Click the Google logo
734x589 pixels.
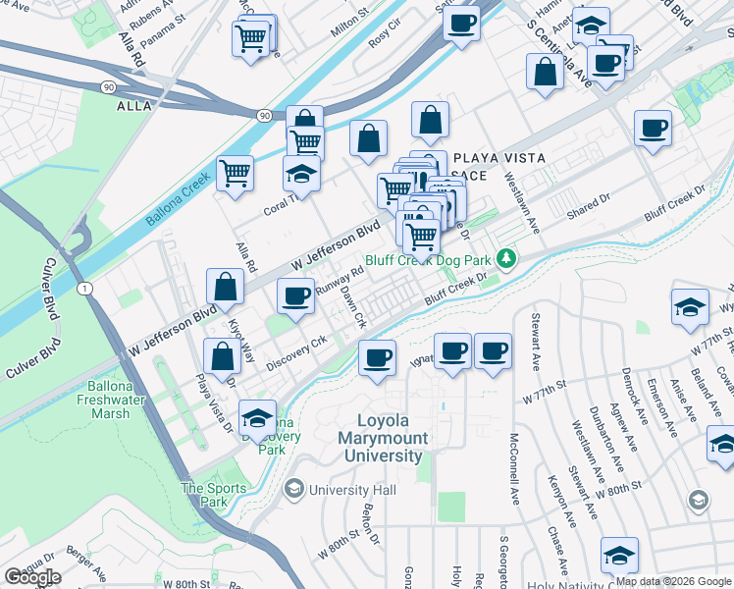(32, 577)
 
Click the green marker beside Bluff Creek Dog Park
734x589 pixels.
(505, 258)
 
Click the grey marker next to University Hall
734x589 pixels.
(293, 488)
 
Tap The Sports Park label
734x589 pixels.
(205, 495)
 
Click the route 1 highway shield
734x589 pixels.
(85, 288)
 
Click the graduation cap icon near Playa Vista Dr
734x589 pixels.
(257, 419)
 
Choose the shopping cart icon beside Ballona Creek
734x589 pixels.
(236, 175)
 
